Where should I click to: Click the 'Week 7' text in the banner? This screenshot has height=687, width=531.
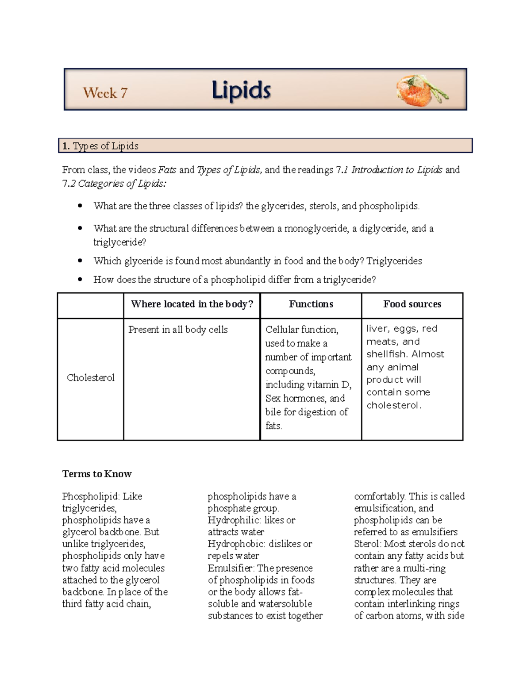[x=105, y=93]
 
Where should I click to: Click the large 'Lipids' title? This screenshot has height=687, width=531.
[x=241, y=91]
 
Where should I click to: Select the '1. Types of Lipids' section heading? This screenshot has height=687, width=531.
[x=100, y=146]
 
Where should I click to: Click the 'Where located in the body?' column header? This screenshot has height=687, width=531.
[x=192, y=304]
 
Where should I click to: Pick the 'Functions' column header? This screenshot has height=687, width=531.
[x=311, y=304]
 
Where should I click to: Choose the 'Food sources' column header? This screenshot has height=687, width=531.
[x=412, y=304]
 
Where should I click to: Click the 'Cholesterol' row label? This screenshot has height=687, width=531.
[x=90, y=377]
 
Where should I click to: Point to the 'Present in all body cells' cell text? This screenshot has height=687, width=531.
[x=178, y=330]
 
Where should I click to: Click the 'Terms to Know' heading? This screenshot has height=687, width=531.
[x=97, y=474]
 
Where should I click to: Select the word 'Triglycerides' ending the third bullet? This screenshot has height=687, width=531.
[x=394, y=261]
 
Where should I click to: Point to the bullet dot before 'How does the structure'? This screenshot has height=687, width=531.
[x=80, y=280]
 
